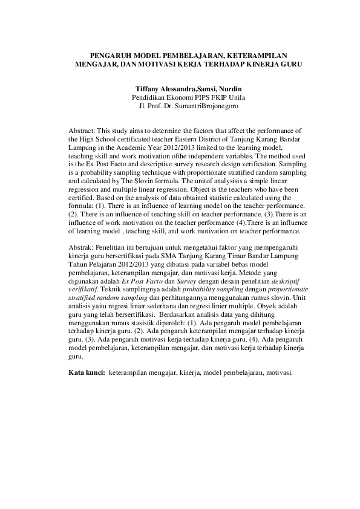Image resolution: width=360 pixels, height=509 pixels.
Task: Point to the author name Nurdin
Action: point(231,89)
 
